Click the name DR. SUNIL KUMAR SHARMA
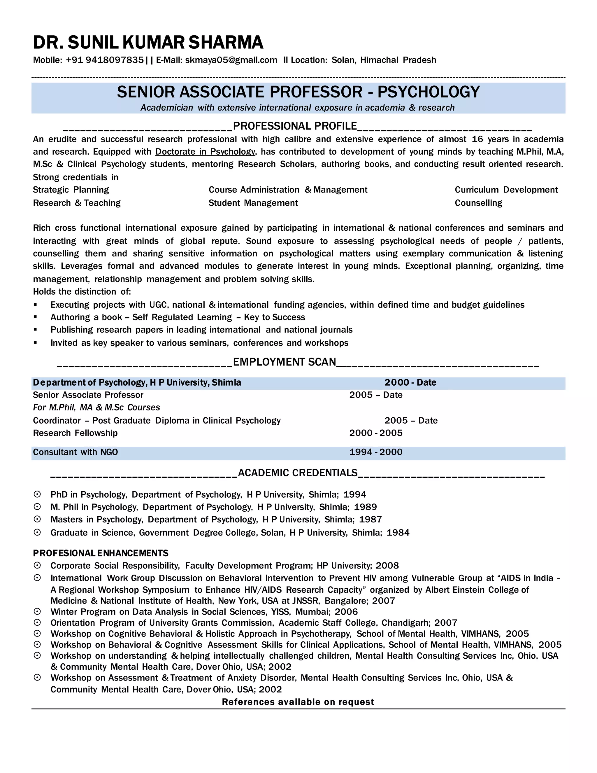click(x=148, y=43)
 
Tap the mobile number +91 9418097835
click(x=105, y=60)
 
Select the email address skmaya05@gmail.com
click(x=231, y=60)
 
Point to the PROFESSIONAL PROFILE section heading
click(x=295, y=126)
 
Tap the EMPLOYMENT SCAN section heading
click(x=284, y=362)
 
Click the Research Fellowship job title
click(x=75, y=433)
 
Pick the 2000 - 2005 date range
click(x=375, y=433)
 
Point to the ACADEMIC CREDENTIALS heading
click(x=297, y=473)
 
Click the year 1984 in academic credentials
click(x=398, y=533)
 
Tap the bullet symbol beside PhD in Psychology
click(x=37, y=494)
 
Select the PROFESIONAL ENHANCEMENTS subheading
click(x=101, y=553)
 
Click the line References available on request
click(x=298, y=702)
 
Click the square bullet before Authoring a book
click(x=35, y=317)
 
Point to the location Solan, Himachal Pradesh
click(x=383, y=60)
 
